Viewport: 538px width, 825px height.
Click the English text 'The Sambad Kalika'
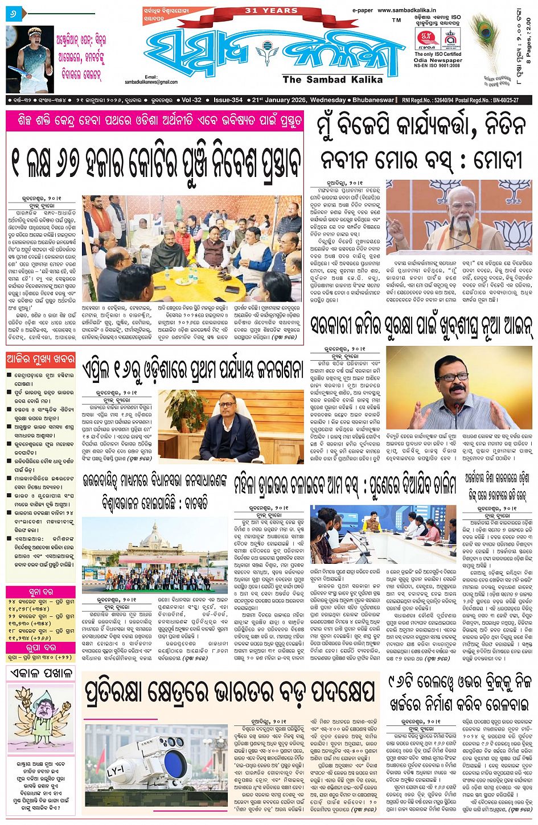coord(332,80)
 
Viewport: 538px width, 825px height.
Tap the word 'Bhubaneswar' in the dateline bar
coord(372,100)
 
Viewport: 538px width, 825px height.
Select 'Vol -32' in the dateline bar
coord(192,100)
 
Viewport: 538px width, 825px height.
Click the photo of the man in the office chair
coord(231,425)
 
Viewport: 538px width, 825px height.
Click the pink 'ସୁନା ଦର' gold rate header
coord(40,592)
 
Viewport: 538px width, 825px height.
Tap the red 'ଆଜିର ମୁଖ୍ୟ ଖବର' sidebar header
coord(40,360)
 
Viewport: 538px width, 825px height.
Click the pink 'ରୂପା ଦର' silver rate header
coord(40,647)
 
